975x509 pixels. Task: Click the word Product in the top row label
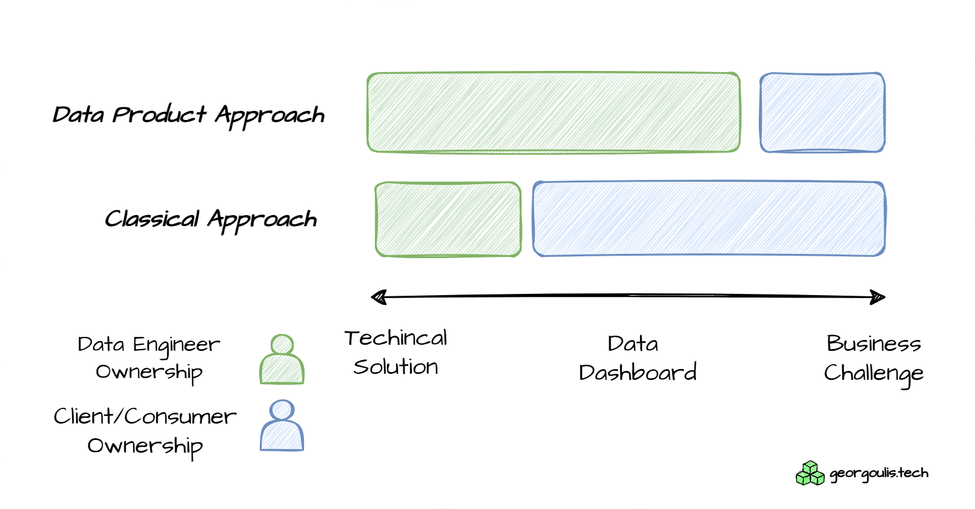pyautogui.click(x=159, y=115)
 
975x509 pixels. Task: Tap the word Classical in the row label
pyautogui.click(x=151, y=218)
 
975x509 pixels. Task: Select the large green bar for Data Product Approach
pyautogui.click(x=554, y=113)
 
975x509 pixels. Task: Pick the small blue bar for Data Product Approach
pyautogui.click(x=822, y=113)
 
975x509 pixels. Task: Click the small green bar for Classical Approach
pyautogui.click(x=448, y=219)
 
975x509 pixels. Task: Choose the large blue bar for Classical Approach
pyautogui.click(x=709, y=219)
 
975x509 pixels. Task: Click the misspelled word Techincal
pyautogui.click(x=396, y=338)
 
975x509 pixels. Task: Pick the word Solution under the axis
pyautogui.click(x=396, y=367)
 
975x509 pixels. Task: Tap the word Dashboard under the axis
pyautogui.click(x=638, y=372)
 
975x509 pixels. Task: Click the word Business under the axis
pyautogui.click(x=873, y=344)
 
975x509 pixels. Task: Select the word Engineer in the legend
pyautogui.click(x=176, y=345)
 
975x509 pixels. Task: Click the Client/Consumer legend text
pyautogui.click(x=145, y=416)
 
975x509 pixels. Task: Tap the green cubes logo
pyautogui.click(x=810, y=473)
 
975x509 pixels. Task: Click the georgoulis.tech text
pyautogui.click(x=879, y=473)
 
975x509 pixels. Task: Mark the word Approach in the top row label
pyautogui.click(x=270, y=115)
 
